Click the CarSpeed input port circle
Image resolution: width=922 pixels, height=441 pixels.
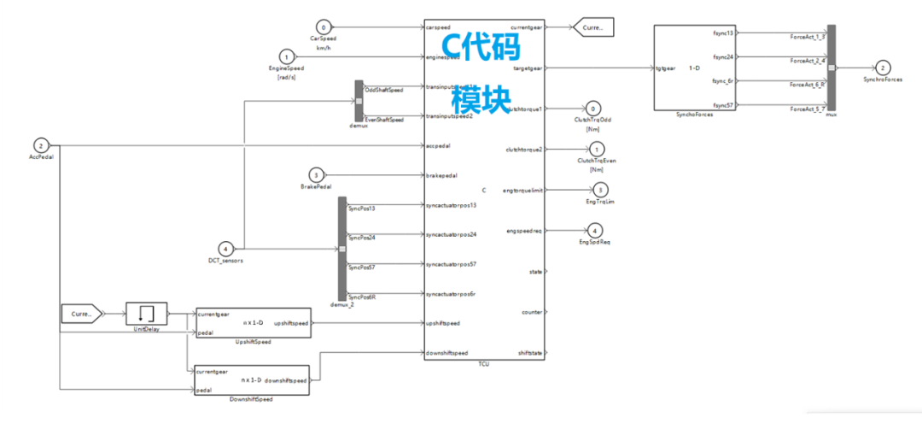coord(323,26)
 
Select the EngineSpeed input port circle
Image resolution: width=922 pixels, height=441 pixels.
coord(287,56)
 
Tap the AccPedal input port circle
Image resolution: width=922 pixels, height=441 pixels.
coord(41,146)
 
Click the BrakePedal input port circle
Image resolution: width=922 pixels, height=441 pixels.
coord(316,175)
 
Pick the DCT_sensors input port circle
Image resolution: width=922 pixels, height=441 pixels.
coord(225,249)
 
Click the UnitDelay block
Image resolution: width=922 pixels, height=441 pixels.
coord(147,314)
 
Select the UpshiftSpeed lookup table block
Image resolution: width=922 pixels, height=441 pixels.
coord(254,322)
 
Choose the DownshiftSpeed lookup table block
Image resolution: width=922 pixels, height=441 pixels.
coord(252,380)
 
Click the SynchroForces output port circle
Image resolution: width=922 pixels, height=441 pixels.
coord(884,68)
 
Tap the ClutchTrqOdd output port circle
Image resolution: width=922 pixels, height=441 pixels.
coord(593,109)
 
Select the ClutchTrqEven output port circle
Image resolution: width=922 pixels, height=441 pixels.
coord(597,150)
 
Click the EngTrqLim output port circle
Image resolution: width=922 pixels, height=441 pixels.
coord(600,190)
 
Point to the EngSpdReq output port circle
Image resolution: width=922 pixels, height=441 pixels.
coord(596,230)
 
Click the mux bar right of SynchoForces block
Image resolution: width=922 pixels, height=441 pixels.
coord(832,68)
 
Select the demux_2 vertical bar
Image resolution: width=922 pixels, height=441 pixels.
coord(342,249)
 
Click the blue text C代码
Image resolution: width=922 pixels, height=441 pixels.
coord(478,44)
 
